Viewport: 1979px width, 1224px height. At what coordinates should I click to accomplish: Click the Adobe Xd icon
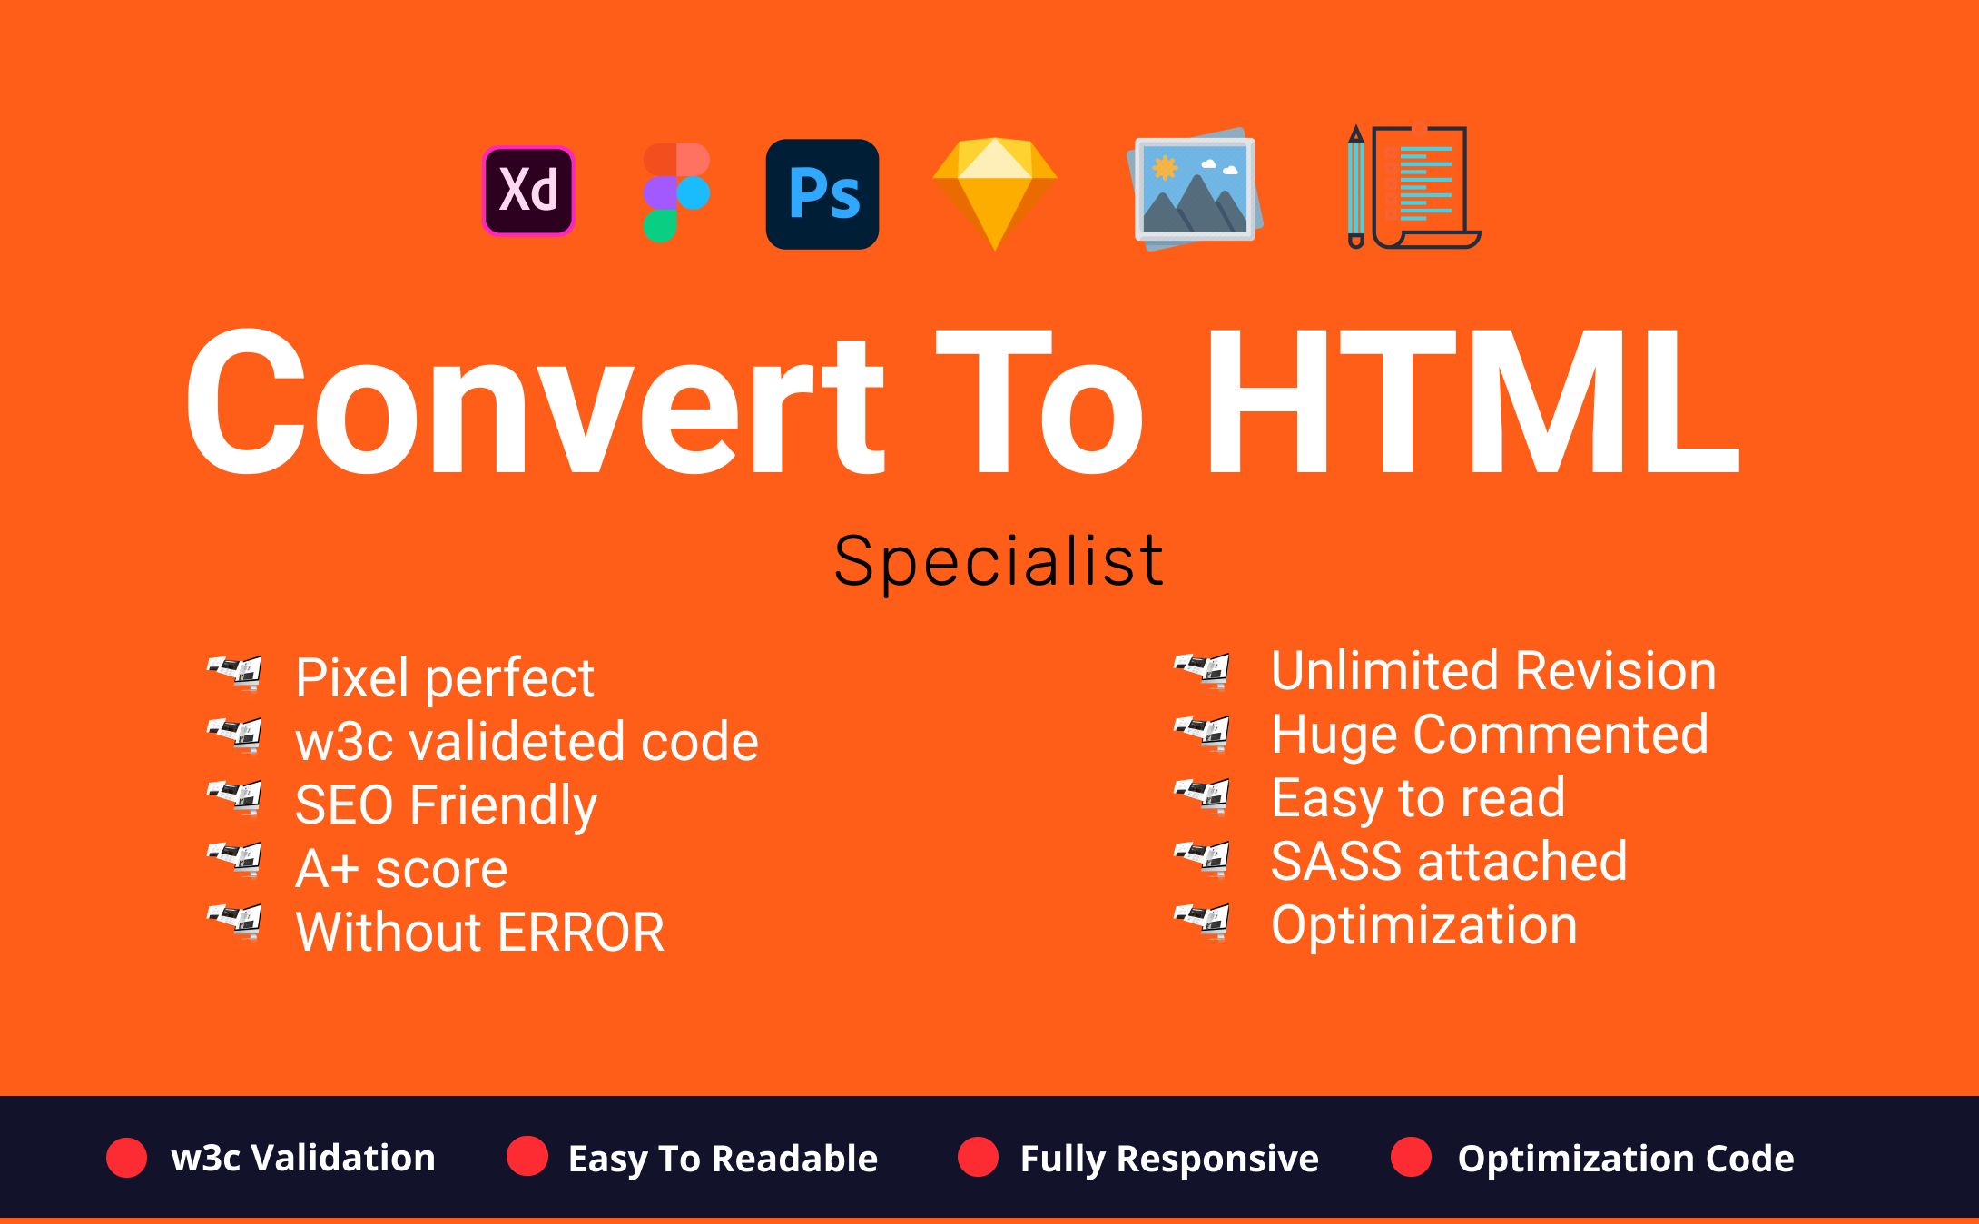(528, 191)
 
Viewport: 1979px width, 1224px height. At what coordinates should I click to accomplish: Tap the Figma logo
(676, 192)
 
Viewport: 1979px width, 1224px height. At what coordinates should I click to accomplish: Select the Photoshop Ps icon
(822, 193)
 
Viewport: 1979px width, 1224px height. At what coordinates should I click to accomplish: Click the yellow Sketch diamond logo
(995, 193)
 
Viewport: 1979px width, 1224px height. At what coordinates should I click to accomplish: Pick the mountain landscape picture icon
(1195, 189)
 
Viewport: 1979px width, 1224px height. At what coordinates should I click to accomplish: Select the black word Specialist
(999, 562)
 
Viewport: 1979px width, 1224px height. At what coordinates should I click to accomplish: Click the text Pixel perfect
(445, 677)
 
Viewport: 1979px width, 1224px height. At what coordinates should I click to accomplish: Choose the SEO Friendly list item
(446, 805)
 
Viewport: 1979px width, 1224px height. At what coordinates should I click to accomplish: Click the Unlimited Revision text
(1493, 671)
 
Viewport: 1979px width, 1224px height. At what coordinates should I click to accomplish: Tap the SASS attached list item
(1449, 862)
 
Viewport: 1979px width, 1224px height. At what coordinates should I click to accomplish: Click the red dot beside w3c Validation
(126, 1158)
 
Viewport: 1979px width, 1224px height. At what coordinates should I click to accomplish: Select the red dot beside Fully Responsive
(978, 1157)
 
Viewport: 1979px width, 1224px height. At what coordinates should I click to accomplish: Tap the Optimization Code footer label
(1626, 1159)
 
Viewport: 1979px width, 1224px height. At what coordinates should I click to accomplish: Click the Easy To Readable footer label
(723, 1160)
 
